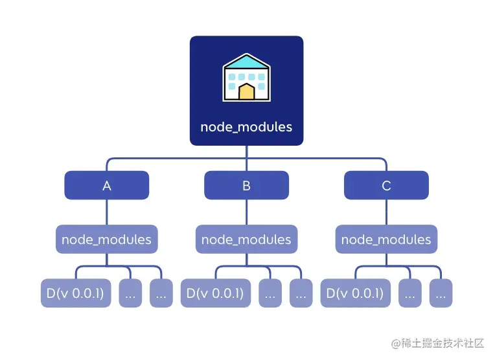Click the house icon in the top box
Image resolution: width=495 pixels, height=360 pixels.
pos(247,77)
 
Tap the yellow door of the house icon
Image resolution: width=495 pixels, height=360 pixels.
pos(247,91)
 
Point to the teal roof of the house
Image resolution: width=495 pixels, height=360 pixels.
pos(247,62)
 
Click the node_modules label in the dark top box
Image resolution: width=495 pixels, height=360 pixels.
pos(246,127)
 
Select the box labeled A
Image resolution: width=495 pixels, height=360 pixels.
pos(107,185)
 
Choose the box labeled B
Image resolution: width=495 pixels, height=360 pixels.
pos(247,185)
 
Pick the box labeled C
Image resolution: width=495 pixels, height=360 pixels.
pos(386,185)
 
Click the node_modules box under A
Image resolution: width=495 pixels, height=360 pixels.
pos(107,239)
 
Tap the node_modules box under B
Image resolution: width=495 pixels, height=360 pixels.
pos(247,239)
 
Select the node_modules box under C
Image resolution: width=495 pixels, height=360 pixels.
pos(386,239)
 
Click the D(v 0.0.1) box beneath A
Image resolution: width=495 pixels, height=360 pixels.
pos(76,293)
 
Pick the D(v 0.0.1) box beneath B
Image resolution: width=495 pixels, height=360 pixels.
pos(216,293)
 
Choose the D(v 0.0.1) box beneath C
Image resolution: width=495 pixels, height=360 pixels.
pos(356,293)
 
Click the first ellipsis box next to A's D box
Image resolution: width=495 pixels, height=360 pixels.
pos(130,293)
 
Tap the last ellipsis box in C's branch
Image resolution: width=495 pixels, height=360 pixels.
pos(441,293)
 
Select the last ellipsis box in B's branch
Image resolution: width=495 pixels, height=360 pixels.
pos(301,293)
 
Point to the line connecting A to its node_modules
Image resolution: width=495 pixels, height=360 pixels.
pos(107,212)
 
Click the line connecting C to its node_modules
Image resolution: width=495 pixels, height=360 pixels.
pos(386,212)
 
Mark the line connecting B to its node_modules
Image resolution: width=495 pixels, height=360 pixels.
pos(247,212)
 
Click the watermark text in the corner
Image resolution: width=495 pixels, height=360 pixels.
pos(437,343)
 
